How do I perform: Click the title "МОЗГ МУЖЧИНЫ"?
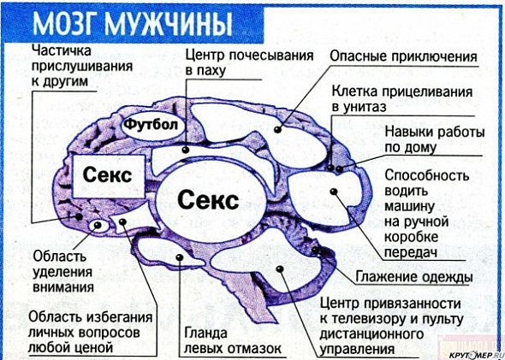133,25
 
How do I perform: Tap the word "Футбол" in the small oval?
151,125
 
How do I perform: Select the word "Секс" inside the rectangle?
107,175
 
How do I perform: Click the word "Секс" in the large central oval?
208,199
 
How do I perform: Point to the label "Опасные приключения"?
403,56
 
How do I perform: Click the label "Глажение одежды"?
414,277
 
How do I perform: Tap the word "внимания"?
63,286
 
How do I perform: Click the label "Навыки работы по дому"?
435,140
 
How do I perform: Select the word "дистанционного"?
371,334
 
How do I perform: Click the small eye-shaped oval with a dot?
98,226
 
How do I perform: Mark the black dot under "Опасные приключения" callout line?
277,130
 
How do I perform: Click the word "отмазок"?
255,349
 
